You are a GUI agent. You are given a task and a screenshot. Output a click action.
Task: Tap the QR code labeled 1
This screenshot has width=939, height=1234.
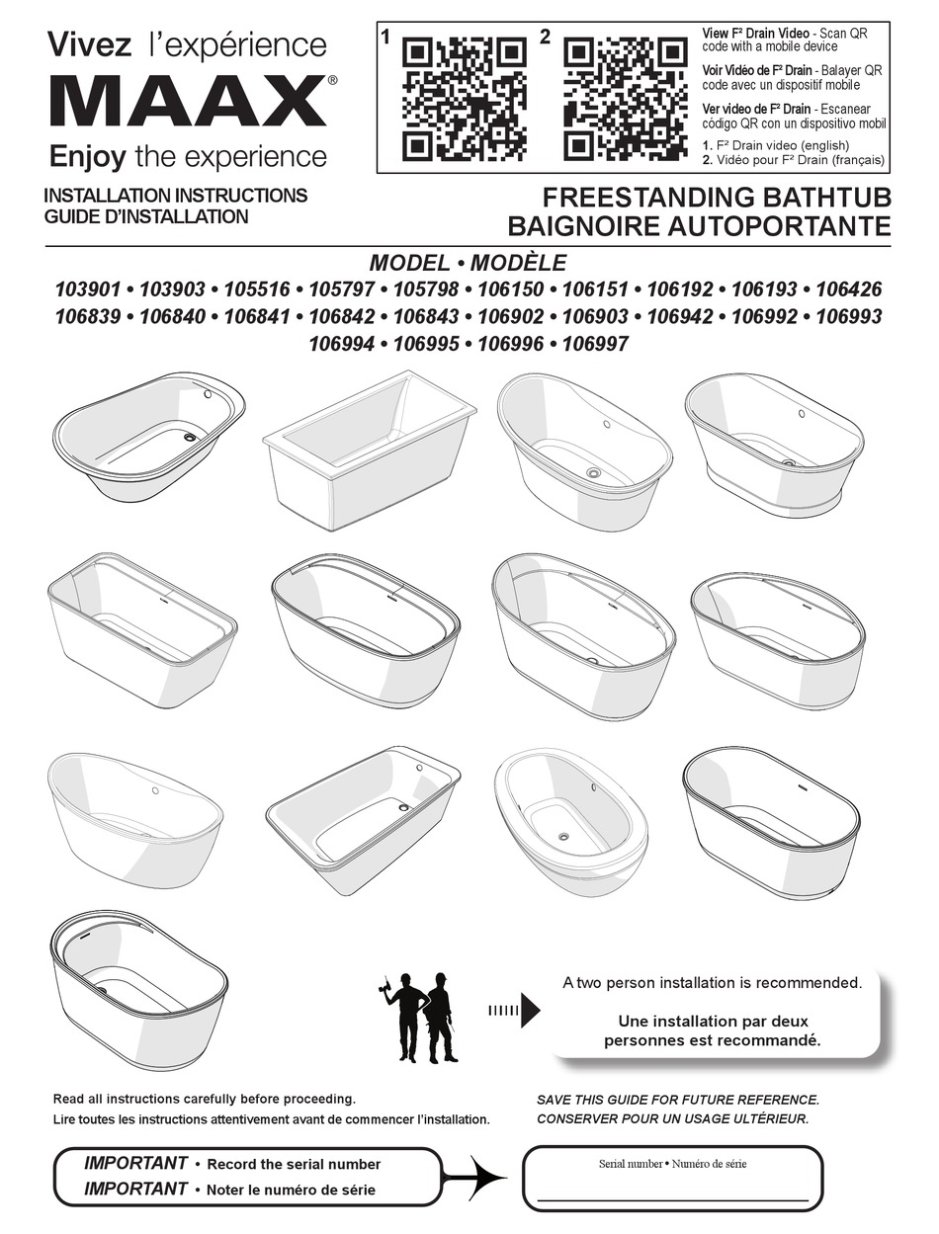[x=466, y=99]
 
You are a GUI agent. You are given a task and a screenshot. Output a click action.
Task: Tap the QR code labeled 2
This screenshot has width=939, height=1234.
[x=626, y=99]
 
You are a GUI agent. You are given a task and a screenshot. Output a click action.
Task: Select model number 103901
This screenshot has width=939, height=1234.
[x=88, y=289]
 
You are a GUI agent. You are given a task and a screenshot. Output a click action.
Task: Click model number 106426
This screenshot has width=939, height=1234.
[x=848, y=289]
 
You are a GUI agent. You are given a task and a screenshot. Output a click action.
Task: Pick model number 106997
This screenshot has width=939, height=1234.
[x=595, y=344]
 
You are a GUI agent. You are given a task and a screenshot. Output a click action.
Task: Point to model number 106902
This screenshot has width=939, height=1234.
[x=511, y=316]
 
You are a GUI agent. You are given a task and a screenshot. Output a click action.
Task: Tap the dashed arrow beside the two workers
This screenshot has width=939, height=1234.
[x=513, y=1011]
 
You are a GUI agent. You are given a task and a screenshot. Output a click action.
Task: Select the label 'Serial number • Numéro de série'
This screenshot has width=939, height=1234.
[x=672, y=1163]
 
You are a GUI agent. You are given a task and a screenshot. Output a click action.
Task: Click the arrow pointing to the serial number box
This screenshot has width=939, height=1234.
[x=474, y=1176]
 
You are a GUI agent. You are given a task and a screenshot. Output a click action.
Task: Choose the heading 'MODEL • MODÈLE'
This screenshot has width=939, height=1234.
[x=468, y=263]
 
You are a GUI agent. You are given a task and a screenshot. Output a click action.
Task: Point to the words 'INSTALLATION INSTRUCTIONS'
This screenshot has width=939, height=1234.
[x=176, y=196]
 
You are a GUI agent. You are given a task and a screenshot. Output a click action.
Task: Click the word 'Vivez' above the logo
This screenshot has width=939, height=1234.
[x=90, y=45]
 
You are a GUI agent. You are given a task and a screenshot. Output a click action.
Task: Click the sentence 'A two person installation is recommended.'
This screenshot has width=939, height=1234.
[x=712, y=983]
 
